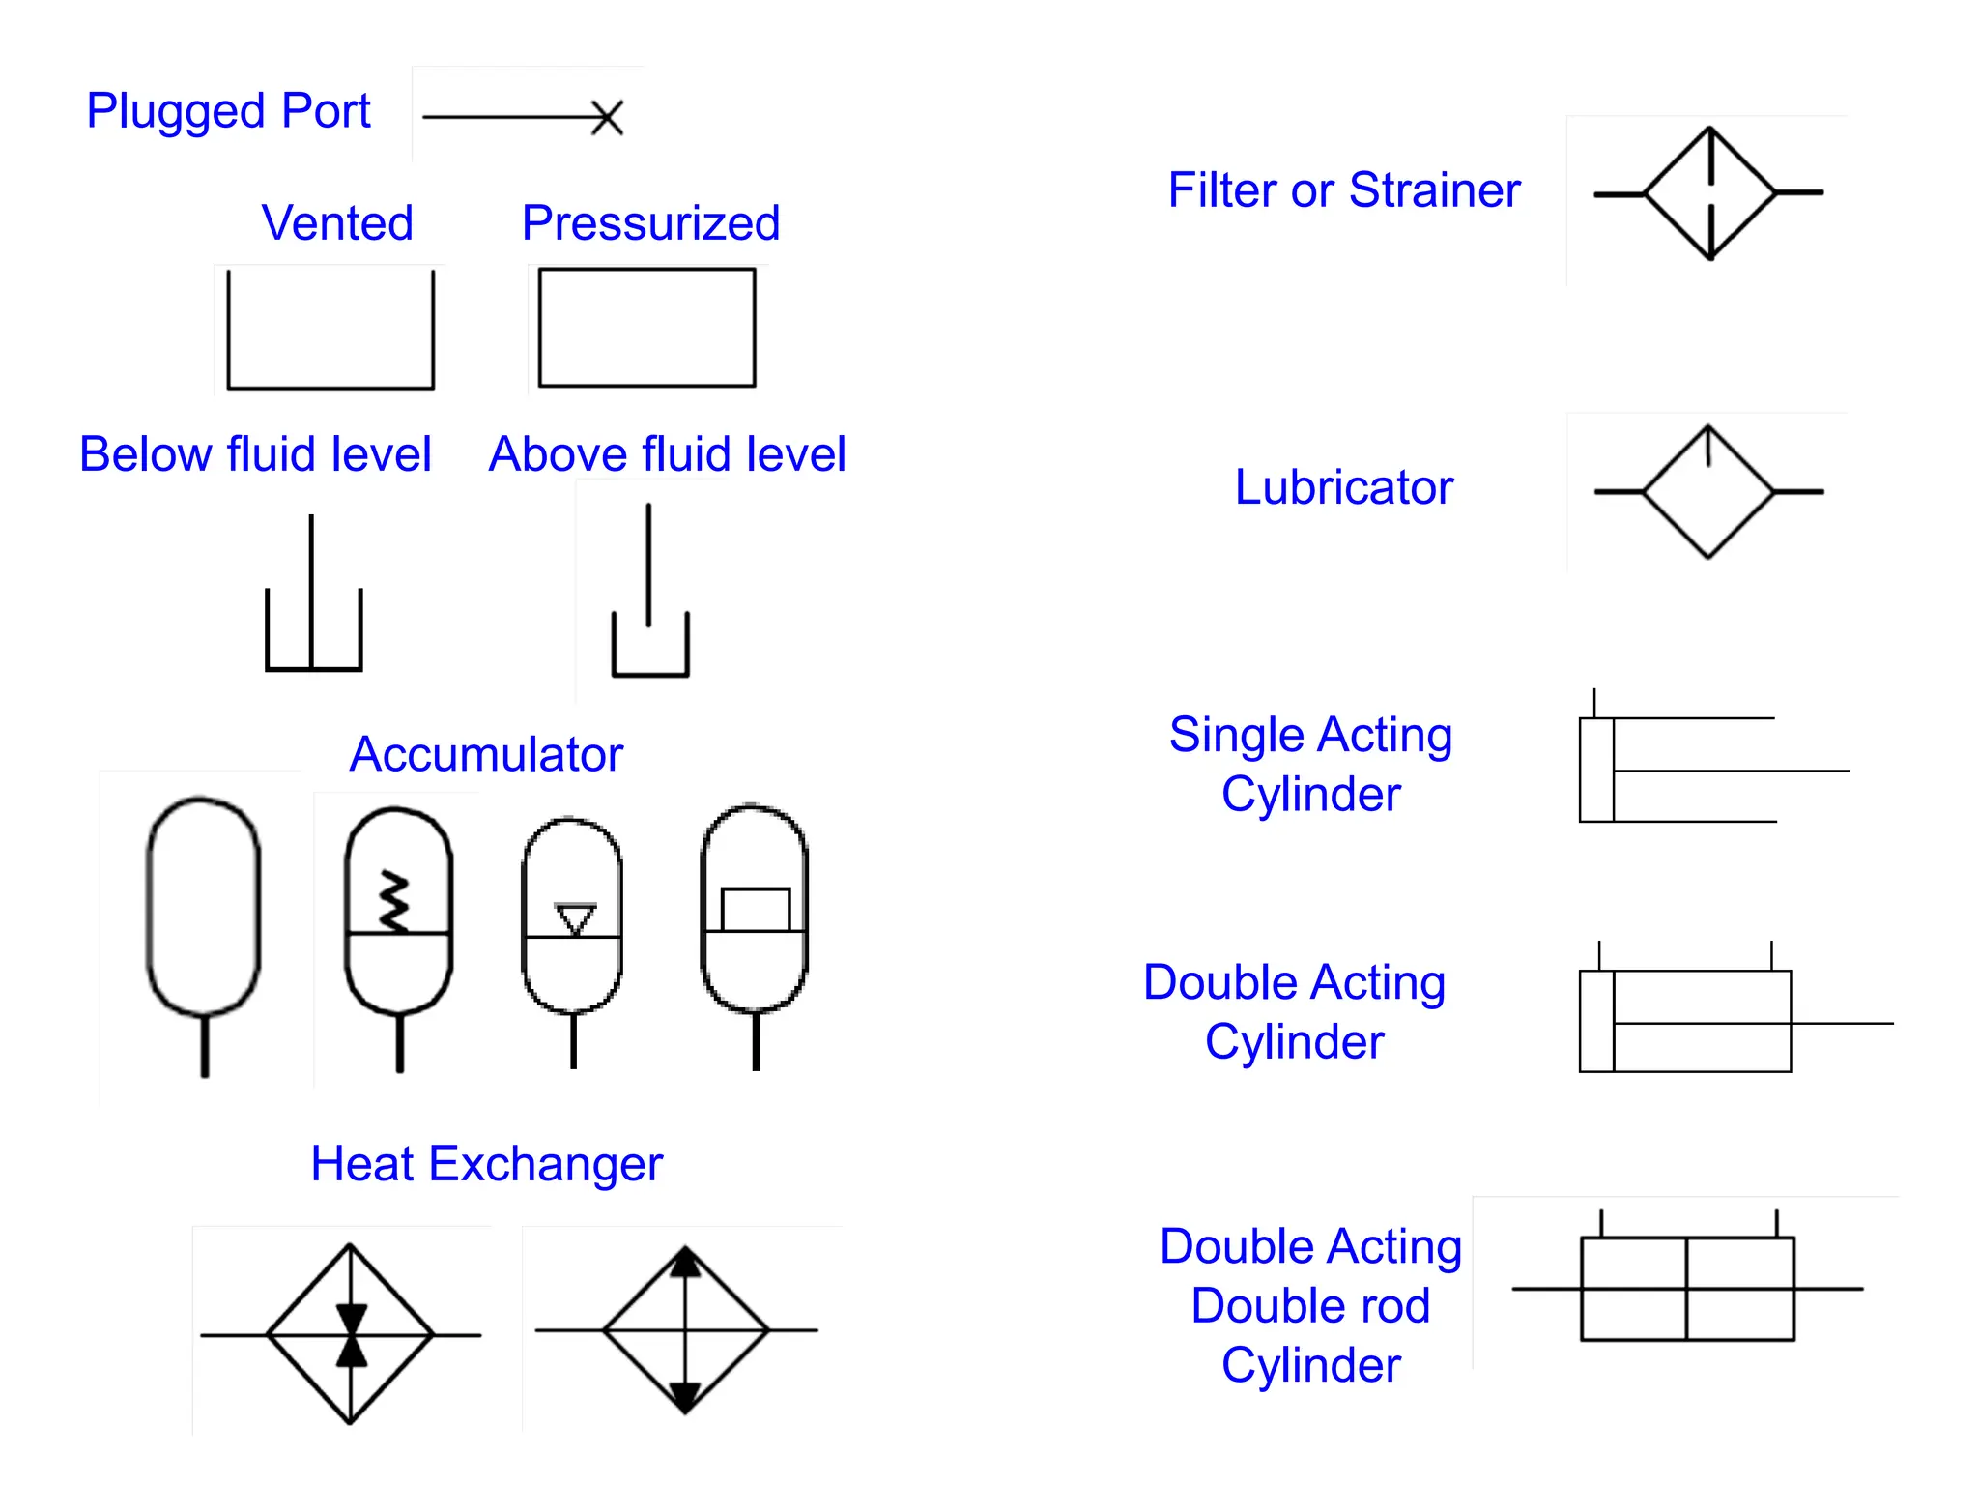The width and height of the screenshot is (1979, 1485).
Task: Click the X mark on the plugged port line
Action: pyautogui.click(x=607, y=118)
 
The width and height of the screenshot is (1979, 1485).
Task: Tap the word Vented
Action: pyautogui.click(x=337, y=223)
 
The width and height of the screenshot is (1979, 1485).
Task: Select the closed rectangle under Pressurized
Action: pyautogui.click(x=646, y=328)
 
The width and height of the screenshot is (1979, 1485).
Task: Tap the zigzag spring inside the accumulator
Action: pyautogui.click(x=393, y=901)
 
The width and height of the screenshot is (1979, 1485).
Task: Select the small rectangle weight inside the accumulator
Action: pyautogui.click(x=756, y=910)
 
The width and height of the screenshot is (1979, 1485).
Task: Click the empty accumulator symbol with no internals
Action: pyautogui.click(x=204, y=909)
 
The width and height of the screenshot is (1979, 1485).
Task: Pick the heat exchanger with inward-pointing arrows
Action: pyautogui.click(x=350, y=1334)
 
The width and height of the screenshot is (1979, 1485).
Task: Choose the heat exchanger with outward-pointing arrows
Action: pyautogui.click(x=685, y=1330)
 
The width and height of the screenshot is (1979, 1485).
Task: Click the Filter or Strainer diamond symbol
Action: pyautogui.click(x=1709, y=193)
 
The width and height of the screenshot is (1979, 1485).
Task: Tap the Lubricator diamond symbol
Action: pyautogui.click(x=1708, y=492)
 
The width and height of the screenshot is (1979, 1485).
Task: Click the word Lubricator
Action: pyautogui.click(x=1343, y=487)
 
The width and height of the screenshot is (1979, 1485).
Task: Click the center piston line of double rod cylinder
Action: pyautogui.click(x=1686, y=1289)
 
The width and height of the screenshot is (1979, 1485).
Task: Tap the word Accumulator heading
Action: pyautogui.click(x=486, y=754)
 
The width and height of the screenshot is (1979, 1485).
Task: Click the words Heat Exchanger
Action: pyautogui.click(x=486, y=1164)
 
